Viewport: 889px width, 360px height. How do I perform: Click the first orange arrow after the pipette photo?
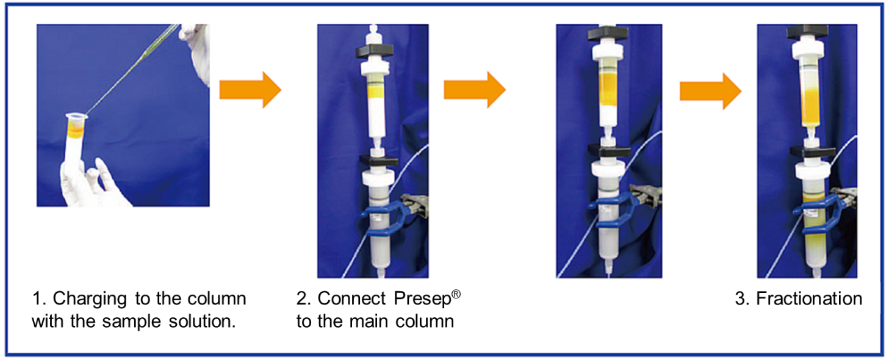[x=250, y=90]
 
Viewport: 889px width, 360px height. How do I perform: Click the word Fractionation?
[x=808, y=299]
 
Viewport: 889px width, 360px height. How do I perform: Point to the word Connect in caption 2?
[x=352, y=299]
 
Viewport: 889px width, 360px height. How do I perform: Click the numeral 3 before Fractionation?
[x=740, y=299]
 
